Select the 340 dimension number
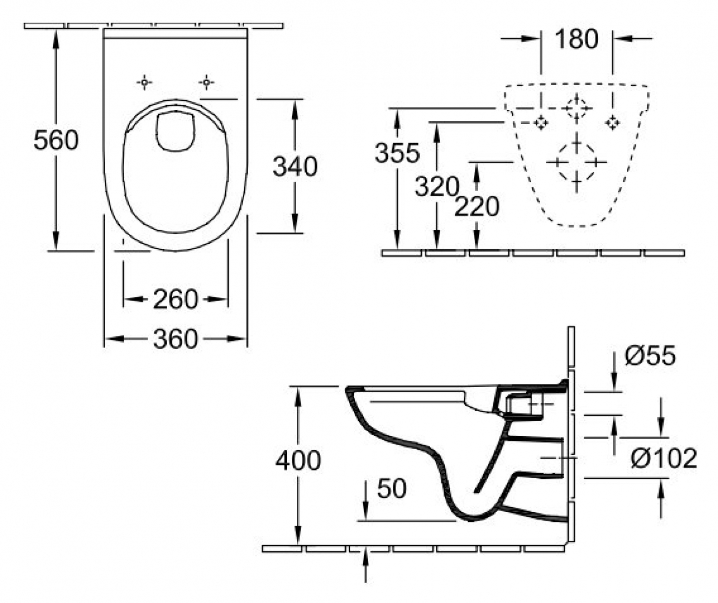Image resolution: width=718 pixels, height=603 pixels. pyautogui.click(x=295, y=166)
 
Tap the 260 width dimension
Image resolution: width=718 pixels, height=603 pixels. pyautogui.click(x=176, y=299)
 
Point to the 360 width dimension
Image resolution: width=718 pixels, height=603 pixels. pyautogui.click(x=176, y=339)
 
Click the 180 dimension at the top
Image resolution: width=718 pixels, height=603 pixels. pyautogui.click(x=576, y=39)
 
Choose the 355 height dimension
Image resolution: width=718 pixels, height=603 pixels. pyautogui.click(x=397, y=153)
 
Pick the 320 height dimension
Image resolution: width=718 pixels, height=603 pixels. pyautogui.click(x=436, y=187)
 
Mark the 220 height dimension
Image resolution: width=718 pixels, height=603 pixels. pyautogui.click(x=477, y=207)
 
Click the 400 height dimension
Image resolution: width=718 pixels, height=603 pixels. pyautogui.click(x=298, y=460)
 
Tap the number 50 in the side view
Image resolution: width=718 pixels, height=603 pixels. pyautogui.click(x=391, y=488)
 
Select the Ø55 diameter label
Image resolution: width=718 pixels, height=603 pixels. pyautogui.click(x=650, y=356)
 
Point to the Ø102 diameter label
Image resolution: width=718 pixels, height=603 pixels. pyautogui.click(x=664, y=459)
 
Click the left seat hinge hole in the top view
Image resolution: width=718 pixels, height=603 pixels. pyautogui.click(x=145, y=82)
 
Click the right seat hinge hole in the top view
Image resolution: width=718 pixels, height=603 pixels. pyautogui.click(x=207, y=82)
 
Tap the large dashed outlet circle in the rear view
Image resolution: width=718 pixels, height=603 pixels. pyautogui.click(x=576, y=162)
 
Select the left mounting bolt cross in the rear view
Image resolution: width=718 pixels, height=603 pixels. pyautogui.click(x=541, y=123)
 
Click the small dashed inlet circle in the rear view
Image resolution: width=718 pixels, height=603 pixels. pyautogui.click(x=576, y=108)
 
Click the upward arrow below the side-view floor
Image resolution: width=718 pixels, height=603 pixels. pyautogui.click(x=366, y=563)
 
